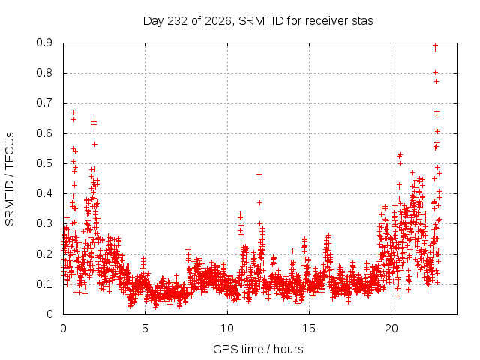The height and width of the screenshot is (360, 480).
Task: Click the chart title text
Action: click(258, 21)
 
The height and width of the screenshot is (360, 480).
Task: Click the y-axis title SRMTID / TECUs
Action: click(10, 179)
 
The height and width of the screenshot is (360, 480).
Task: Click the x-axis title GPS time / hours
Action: click(258, 349)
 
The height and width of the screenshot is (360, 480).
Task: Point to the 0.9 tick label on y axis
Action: click(44, 43)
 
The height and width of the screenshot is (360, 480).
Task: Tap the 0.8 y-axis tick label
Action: click(44, 73)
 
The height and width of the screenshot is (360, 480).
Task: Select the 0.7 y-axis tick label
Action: click(44, 103)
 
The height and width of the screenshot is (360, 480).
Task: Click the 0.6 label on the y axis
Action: click(44, 133)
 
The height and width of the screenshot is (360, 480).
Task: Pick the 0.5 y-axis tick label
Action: click(44, 163)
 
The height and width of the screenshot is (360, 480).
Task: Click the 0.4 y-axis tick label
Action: click(44, 193)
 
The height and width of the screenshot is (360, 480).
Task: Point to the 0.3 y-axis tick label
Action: click(44, 223)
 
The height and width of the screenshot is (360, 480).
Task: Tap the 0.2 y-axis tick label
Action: click(44, 254)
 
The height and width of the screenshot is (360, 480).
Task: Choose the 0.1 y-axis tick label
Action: click(44, 284)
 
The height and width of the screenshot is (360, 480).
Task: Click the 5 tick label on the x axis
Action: click(145, 328)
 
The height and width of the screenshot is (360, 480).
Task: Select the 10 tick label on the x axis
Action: click(227, 328)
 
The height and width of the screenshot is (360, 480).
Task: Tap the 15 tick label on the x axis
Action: click(309, 328)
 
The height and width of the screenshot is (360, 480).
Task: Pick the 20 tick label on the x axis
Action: click(391, 328)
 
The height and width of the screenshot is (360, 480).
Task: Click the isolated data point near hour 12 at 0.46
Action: click(259, 175)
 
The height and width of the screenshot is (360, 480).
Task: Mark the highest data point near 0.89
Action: click(435, 45)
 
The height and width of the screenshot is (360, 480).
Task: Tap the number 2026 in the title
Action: click(219, 21)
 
